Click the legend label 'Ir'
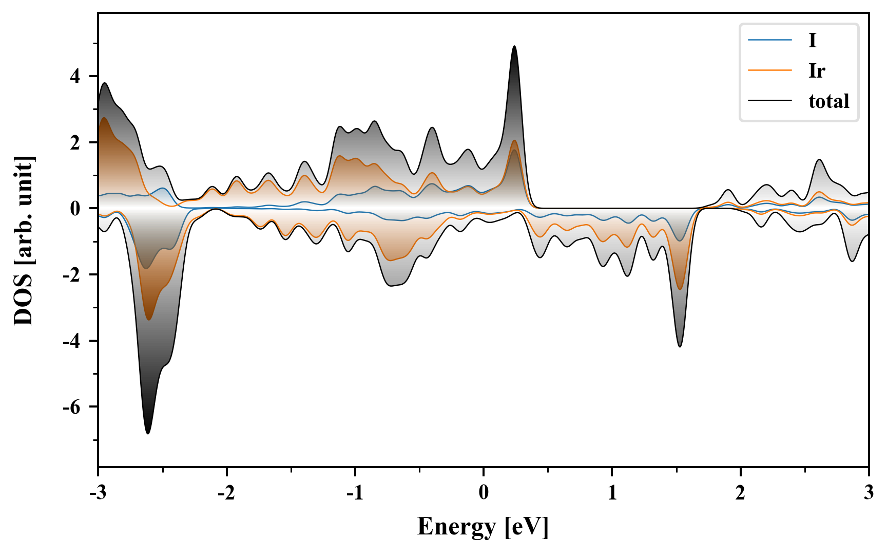tap(816, 71)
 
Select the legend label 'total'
tap(828, 101)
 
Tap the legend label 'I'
tap(812, 40)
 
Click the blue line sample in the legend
tap(769, 40)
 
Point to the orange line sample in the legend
tap(769, 70)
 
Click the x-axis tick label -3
tap(98, 493)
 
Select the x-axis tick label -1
tap(355, 493)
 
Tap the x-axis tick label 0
tap(484, 493)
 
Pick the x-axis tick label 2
tap(740, 493)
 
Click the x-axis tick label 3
tap(869, 493)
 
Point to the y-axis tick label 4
tap(76, 77)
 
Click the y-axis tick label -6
tap(72, 407)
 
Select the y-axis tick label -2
tap(72, 275)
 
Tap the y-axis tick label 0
tap(76, 209)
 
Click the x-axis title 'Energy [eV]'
tap(483, 527)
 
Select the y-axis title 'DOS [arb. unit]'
tap(24, 240)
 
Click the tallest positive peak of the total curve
tap(514, 47)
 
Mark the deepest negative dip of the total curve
tap(148, 433)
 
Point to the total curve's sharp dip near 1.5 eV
tap(680, 346)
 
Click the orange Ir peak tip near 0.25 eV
tap(514, 141)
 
